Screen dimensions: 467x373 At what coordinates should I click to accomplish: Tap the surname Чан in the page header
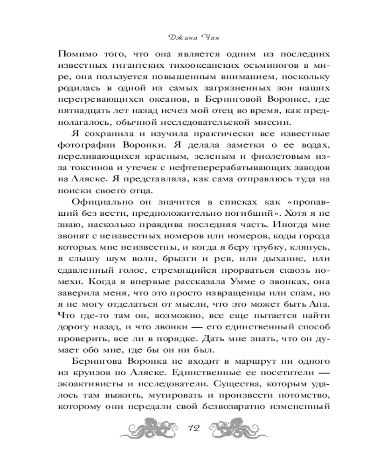(x=200, y=37)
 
